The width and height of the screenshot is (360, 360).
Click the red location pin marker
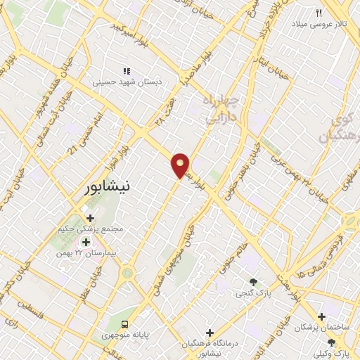(x=181, y=165)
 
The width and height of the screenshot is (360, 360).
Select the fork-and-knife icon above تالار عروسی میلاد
(x=319, y=13)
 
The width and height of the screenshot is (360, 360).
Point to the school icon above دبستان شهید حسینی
(x=127, y=71)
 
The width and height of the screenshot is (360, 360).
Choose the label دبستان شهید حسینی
(x=128, y=82)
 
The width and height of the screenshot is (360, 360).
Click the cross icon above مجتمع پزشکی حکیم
(x=89, y=217)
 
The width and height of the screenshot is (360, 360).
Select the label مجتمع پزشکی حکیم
(x=89, y=229)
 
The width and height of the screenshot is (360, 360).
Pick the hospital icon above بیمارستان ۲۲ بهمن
(x=86, y=241)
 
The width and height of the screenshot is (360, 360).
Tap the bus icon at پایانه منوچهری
(x=124, y=324)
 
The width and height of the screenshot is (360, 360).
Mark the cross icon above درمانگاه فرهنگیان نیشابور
(x=210, y=331)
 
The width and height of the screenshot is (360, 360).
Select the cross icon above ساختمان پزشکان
(x=321, y=316)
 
